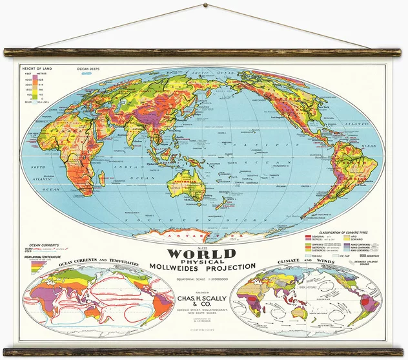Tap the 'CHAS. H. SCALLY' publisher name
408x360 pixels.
203,299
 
